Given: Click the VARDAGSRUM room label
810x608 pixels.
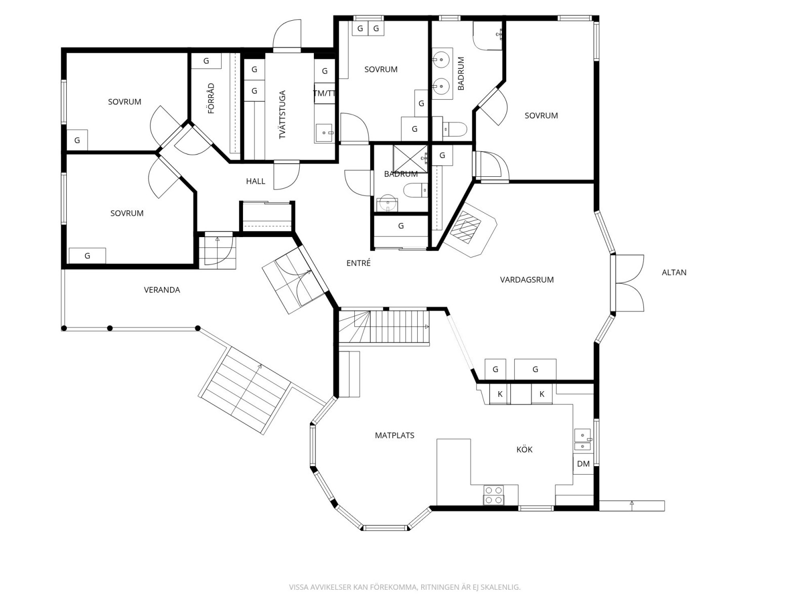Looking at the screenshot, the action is (x=526, y=280).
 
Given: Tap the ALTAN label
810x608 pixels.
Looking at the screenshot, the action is (x=674, y=273).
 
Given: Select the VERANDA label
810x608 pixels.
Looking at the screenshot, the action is (x=162, y=290).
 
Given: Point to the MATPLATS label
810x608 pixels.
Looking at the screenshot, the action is (x=394, y=436).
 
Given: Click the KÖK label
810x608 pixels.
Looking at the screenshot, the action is (x=524, y=449).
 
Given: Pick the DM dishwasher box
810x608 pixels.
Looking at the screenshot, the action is (x=583, y=464).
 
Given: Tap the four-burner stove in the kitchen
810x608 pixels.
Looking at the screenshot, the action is (x=494, y=495).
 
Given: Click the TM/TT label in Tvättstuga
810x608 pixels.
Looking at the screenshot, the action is (x=325, y=93).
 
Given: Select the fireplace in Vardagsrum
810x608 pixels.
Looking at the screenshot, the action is (x=470, y=229).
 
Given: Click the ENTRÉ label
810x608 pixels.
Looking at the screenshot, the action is (x=358, y=263).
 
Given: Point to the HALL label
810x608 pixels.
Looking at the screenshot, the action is (x=255, y=181).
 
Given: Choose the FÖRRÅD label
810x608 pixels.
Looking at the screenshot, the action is (x=211, y=98).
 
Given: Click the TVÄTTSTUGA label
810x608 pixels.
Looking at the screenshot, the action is (x=282, y=115).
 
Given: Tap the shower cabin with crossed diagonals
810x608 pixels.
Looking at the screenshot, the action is (x=410, y=159).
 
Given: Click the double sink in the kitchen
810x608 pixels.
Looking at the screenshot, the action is (x=583, y=440).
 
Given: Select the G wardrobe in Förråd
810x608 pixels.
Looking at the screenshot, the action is (x=206, y=61).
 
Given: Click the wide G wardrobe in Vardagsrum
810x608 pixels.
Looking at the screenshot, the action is (x=535, y=369).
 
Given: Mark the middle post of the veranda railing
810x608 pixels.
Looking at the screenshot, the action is (x=109, y=328).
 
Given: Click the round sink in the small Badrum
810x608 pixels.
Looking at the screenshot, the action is (x=387, y=203).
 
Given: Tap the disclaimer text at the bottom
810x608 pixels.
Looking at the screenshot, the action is (x=404, y=587).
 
